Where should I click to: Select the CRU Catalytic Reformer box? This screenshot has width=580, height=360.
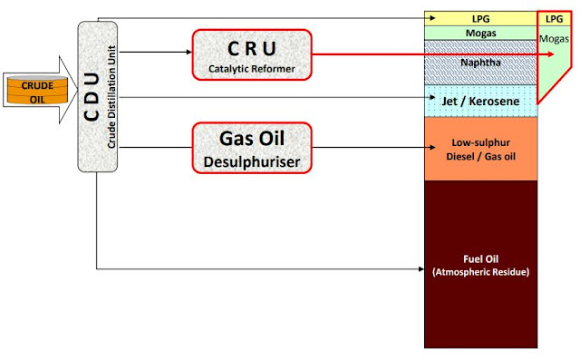251,53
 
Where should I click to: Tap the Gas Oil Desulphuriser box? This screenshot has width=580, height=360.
251,147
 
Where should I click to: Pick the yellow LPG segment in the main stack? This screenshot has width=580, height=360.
480,18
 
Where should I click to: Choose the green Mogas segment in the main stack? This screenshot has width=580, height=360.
480,33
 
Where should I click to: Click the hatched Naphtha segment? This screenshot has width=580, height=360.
480,64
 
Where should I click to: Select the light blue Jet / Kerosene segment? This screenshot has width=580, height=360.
480,102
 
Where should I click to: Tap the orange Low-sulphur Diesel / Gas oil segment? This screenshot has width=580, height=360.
480,149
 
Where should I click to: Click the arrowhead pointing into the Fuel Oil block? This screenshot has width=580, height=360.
420,268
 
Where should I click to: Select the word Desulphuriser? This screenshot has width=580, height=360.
251,162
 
